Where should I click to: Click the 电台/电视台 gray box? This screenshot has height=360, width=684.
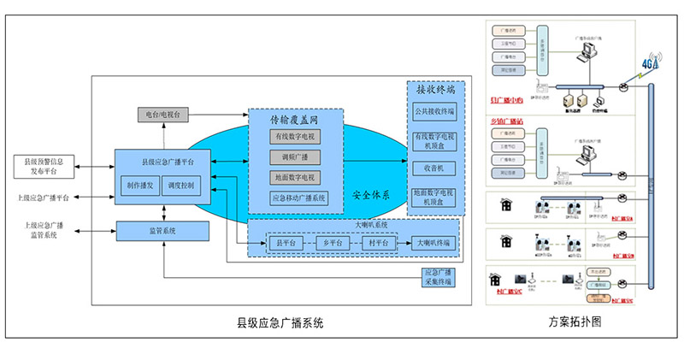162,114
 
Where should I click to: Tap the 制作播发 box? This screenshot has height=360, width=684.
139,184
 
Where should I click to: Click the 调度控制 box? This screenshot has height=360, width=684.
180,184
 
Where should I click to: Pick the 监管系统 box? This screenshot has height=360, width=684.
162,230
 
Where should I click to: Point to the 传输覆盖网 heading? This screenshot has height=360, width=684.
294,121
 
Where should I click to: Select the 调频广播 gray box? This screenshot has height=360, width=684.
294,156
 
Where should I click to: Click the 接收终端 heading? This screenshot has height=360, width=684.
435,91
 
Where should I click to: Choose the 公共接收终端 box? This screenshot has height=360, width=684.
434,111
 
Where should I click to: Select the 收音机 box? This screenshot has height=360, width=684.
434,168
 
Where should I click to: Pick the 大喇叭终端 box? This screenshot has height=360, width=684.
434,244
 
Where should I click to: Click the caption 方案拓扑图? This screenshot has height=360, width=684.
575,323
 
